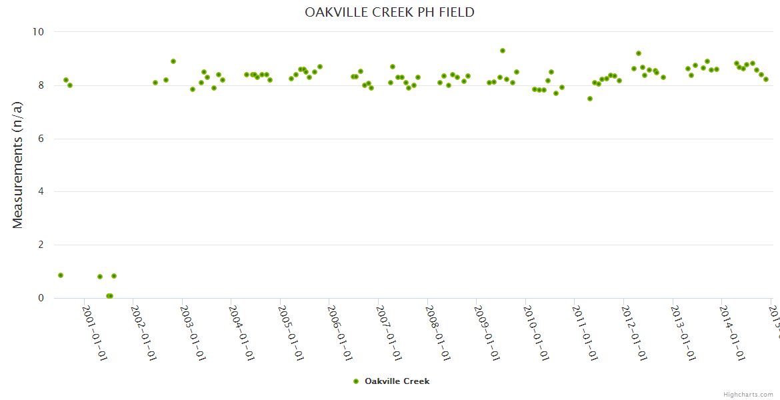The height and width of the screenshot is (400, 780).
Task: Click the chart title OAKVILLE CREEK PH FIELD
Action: point(389,12)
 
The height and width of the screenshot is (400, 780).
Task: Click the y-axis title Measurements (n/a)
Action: point(18,165)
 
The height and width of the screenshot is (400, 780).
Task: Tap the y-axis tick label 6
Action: point(41,139)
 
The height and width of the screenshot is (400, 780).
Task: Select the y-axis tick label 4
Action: point(41,192)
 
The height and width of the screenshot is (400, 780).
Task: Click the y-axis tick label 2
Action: point(41,245)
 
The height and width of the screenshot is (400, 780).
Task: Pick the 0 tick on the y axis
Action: point(41,298)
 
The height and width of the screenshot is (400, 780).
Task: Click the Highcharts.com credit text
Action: point(748,395)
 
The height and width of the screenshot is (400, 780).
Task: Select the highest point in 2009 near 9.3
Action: point(503,51)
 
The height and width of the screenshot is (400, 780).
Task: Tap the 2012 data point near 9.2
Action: point(639,53)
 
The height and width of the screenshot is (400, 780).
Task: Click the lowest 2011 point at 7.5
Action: point(590,99)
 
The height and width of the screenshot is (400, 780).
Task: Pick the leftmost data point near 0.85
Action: point(61,275)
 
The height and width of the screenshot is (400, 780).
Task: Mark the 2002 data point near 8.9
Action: point(173,61)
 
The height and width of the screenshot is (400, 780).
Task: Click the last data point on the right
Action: point(766,79)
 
